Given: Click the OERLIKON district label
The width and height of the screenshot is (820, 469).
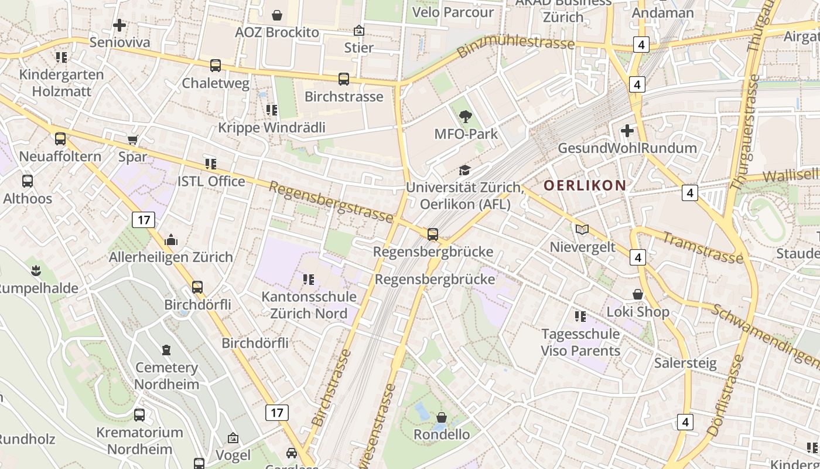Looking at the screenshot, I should [585, 186].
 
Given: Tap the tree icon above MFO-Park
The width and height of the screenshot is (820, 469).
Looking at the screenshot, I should [466, 117].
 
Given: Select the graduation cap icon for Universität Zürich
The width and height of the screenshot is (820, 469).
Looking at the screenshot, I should [464, 171].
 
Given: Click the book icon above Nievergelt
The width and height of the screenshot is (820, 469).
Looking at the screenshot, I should [582, 230].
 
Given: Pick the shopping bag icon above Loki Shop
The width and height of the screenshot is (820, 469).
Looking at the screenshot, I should [638, 294].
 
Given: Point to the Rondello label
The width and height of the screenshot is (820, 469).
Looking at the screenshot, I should [442, 434].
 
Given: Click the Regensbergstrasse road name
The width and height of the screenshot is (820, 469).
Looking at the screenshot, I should [331, 202].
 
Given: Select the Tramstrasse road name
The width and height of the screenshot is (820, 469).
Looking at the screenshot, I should [703, 247].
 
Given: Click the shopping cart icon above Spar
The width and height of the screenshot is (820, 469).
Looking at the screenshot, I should [133, 140].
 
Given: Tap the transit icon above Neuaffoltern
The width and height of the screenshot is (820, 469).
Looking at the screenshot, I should [60, 139].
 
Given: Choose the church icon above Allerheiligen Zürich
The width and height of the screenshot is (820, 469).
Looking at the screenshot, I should [171, 240].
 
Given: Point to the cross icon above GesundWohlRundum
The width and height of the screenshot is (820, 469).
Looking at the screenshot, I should [627, 130].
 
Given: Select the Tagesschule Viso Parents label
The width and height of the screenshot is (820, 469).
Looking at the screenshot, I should [580, 342].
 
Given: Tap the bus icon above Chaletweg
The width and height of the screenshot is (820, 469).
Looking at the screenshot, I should [216, 66].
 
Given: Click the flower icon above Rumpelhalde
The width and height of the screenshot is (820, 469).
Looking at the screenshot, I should [36, 270].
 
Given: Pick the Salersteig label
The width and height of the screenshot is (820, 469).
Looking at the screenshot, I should [685, 363].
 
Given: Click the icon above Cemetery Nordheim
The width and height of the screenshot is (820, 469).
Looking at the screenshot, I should [167, 350].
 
